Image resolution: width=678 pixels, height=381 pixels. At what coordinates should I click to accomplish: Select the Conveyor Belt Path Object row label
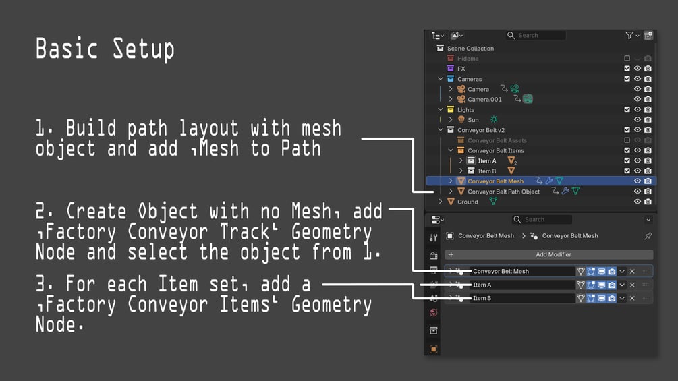click(503, 192)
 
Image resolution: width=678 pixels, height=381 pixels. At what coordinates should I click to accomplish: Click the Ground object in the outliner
click(468, 202)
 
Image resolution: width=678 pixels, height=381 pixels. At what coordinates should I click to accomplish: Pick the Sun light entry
click(473, 119)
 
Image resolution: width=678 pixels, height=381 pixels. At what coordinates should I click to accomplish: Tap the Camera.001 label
click(484, 99)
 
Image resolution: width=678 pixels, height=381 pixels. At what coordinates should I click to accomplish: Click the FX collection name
click(461, 69)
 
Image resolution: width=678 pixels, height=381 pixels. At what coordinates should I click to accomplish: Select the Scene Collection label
click(470, 49)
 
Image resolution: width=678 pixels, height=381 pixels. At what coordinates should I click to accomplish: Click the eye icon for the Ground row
click(638, 202)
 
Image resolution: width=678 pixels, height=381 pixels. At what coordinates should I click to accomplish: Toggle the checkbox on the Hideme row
click(627, 58)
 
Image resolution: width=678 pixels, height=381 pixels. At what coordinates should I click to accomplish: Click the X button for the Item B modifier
click(632, 298)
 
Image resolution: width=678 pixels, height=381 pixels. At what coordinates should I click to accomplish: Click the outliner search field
click(536, 36)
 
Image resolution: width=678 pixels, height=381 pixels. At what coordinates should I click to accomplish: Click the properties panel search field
click(542, 219)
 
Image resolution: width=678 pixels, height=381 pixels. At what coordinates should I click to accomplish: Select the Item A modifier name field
click(522, 285)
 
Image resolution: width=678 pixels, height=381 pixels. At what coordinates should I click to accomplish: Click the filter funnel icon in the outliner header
click(629, 36)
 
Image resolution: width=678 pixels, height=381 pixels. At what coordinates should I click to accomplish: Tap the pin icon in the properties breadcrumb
click(648, 236)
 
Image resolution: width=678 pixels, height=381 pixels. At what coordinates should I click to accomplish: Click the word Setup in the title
click(144, 49)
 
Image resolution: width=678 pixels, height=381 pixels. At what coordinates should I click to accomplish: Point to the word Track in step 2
click(245, 232)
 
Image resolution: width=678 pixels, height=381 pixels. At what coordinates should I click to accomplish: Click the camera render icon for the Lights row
click(648, 109)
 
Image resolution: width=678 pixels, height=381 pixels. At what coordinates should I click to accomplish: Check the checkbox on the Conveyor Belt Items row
click(627, 150)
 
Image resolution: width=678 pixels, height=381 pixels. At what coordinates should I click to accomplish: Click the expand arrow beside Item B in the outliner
click(461, 171)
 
